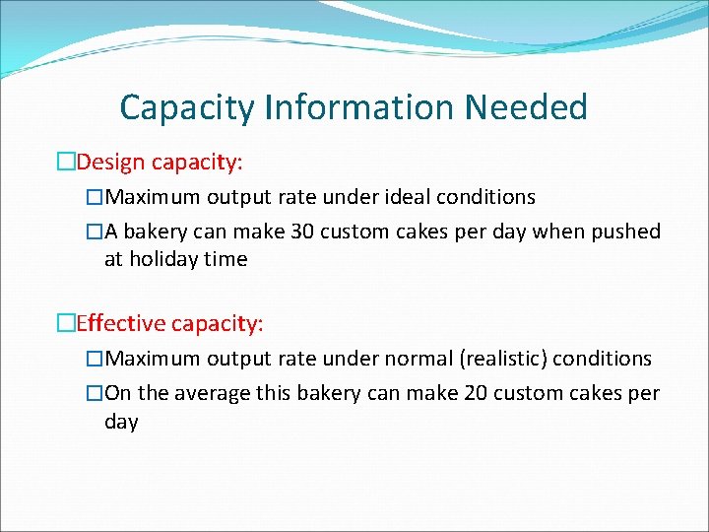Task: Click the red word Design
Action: [110, 161]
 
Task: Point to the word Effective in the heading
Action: [119, 322]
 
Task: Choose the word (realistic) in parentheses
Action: [504, 359]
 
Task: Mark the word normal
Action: [413, 359]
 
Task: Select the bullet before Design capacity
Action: [66, 161]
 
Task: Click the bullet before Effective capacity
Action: [66, 322]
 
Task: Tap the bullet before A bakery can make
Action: [95, 232]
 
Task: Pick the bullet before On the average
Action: [95, 393]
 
